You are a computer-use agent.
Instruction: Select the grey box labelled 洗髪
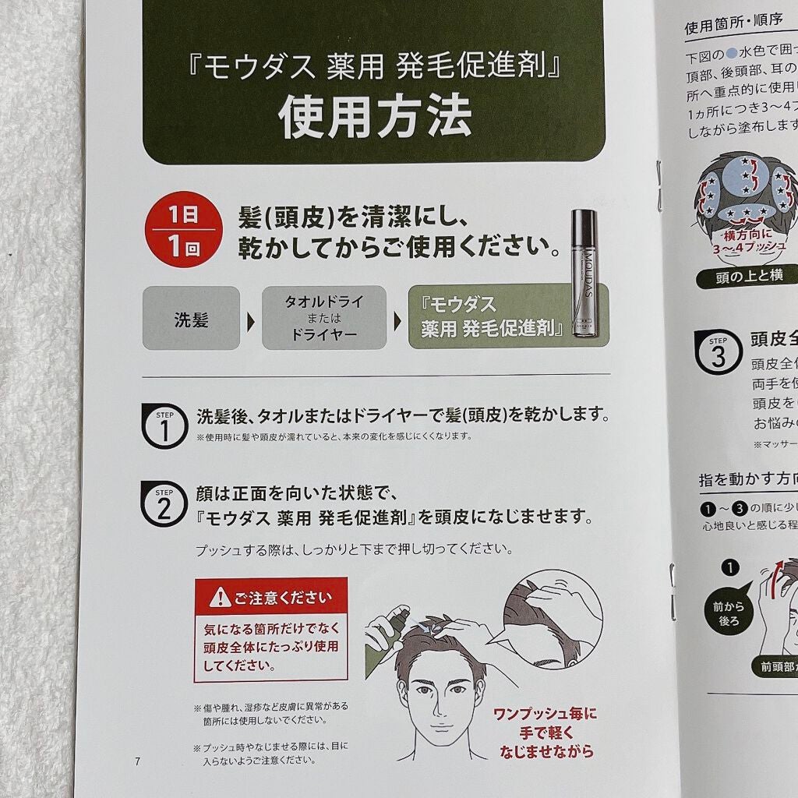(x=191, y=318)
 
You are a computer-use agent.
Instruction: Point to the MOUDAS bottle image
(x=585, y=273)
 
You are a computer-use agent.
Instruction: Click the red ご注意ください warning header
(x=270, y=598)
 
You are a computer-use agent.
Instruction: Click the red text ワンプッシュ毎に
(x=546, y=714)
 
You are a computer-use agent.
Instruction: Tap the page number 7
(x=137, y=761)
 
